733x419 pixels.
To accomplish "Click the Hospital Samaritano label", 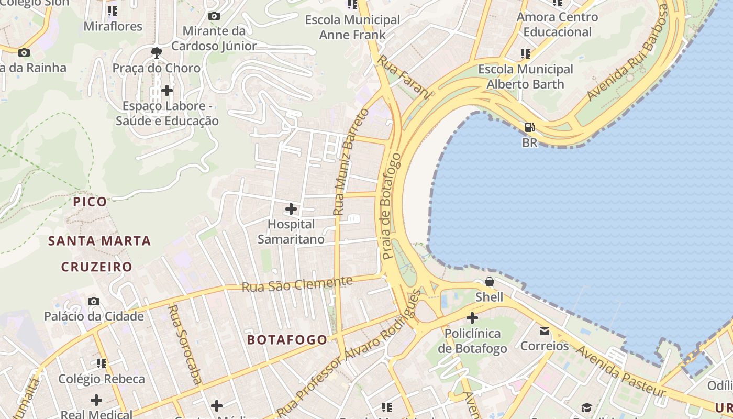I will (291, 231).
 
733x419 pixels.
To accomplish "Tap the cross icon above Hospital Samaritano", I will (291, 210).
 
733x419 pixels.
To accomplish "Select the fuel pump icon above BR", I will (530, 127).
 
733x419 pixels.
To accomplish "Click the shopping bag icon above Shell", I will (489, 282).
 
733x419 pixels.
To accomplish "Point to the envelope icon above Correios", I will (545, 331).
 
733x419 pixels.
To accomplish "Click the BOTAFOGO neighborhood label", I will (287, 340).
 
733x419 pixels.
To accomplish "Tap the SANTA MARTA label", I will (99, 241).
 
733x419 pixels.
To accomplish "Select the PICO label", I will (90, 202).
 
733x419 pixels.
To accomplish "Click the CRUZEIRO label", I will (97, 267).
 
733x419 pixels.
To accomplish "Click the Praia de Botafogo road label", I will (391, 207).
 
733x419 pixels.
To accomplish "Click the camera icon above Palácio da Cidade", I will (94, 301).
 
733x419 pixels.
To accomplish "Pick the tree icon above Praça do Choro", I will (156, 52).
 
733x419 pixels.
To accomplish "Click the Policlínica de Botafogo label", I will (472, 341).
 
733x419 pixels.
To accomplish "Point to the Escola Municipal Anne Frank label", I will (352, 27).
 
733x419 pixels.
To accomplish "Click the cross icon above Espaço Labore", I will (167, 91).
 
